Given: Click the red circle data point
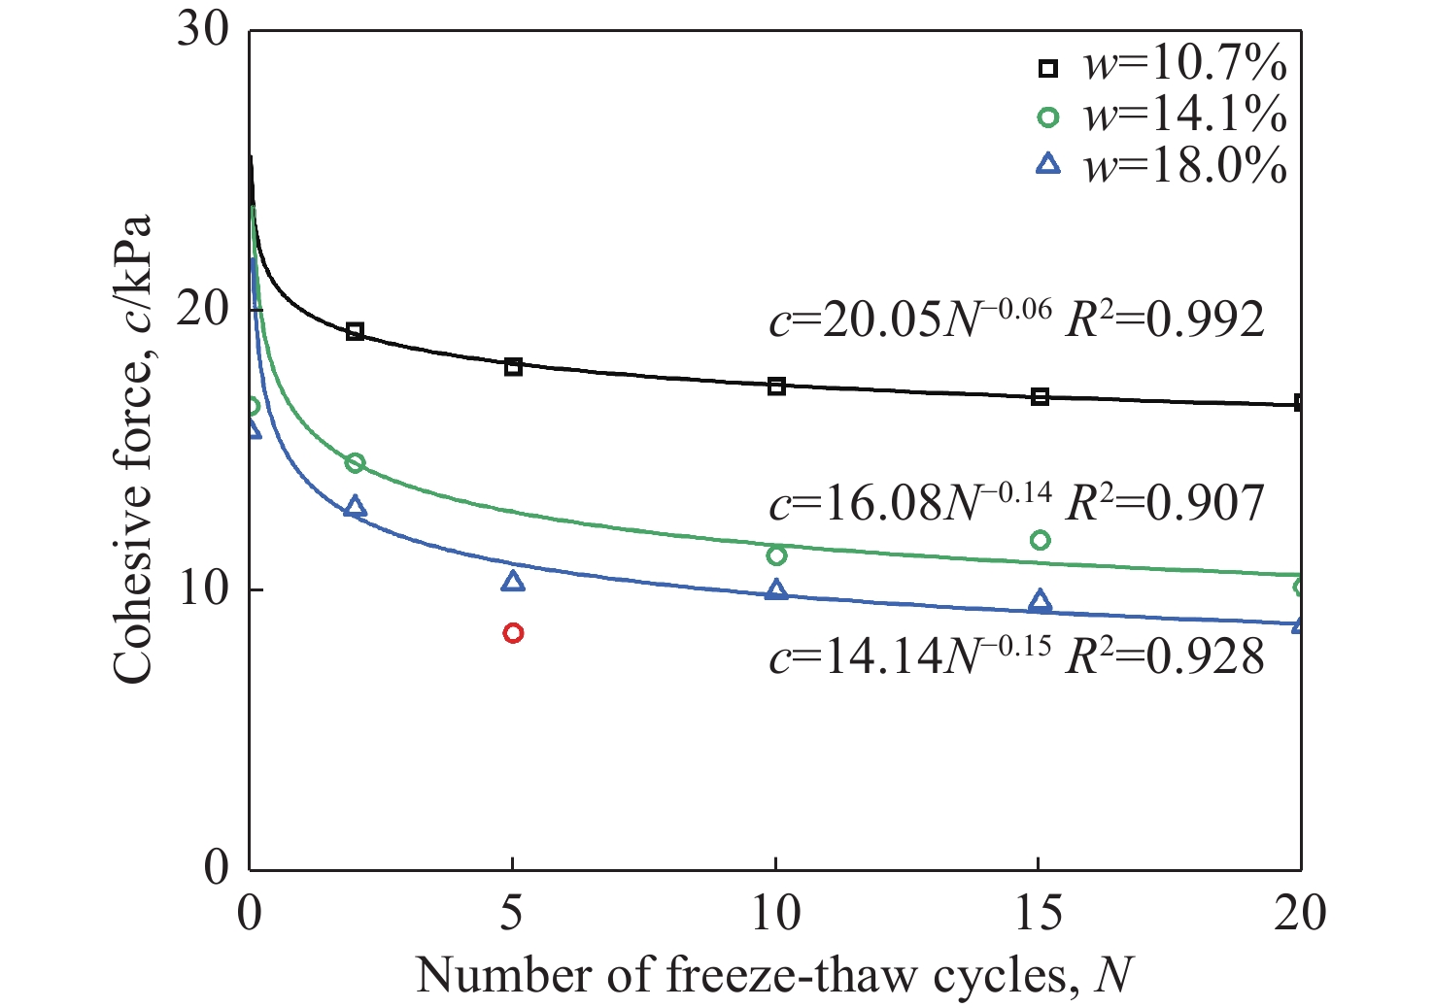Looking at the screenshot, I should [x=513, y=633].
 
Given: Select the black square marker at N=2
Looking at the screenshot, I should [x=355, y=332].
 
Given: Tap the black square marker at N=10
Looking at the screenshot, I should [x=776, y=386].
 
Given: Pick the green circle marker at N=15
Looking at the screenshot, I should [x=1040, y=540].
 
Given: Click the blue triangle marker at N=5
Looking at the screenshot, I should [x=513, y=582].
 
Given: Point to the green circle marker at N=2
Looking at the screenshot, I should [x=355, y=463].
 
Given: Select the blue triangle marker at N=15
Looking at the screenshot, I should [x=1040, y=601].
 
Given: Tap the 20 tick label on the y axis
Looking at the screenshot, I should [x=204, y=311].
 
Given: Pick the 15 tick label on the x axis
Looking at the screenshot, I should [x=1039, y=913].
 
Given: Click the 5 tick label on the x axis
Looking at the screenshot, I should [x=512, y=913].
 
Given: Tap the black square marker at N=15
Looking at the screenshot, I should [x=1040, y=397].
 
